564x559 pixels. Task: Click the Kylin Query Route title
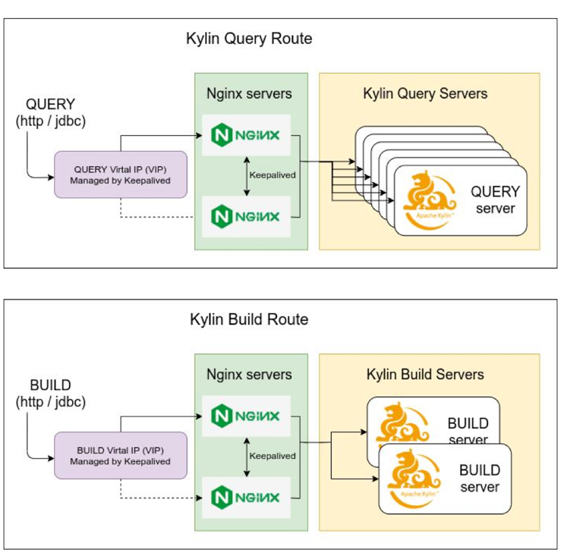point(249,39)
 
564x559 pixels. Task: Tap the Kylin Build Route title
point(249,319)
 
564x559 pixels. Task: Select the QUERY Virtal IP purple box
point(120,174)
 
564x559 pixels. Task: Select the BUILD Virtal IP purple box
point(120,455)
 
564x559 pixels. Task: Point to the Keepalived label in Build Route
point(273,456)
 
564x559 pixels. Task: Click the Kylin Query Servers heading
point(425,94)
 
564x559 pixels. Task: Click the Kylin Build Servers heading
point(425,375)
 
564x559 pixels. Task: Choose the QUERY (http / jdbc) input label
point(51,111)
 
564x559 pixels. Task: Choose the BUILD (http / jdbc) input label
point(51,392)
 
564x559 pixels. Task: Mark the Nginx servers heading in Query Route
point(249,94)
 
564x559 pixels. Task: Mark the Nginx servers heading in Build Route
point(249,375)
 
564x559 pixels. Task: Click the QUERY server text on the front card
point(495,200)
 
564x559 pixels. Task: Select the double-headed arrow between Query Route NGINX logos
point(246,175)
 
